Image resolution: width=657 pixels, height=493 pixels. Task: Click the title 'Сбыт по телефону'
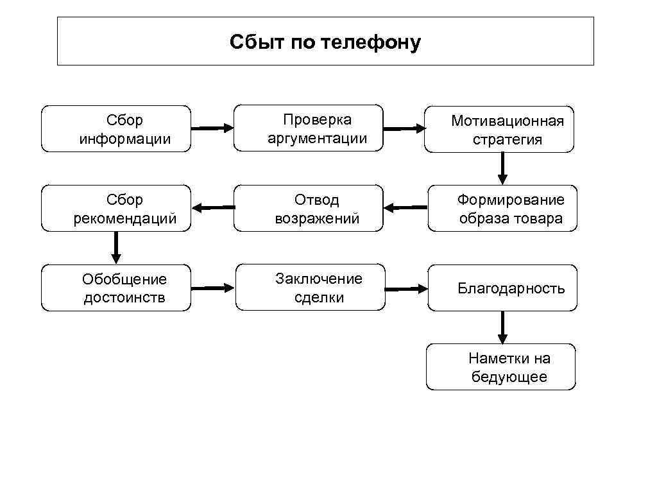tap(325, 42)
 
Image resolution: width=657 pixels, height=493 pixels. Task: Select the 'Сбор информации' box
tap(116, 129)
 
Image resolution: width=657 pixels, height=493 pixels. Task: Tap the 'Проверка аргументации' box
tap(309, 128)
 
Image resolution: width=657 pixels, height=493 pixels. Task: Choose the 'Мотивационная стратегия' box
tap(499, 130)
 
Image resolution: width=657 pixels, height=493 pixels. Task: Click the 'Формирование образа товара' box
tap(503, 209)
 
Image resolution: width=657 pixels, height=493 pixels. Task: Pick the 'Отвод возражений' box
tap(309, 209)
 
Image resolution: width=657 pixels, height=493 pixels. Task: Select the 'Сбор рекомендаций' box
tap(116, 209)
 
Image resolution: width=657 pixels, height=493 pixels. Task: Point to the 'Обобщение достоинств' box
tap(116, 288)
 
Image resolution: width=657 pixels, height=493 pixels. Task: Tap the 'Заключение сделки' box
tap(311, 288)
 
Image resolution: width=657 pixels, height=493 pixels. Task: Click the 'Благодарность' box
tap(502, 288)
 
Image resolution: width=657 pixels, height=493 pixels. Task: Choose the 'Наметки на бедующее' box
tap(501, 367)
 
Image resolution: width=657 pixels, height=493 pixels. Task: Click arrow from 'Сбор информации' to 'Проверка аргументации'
tap(212, 128)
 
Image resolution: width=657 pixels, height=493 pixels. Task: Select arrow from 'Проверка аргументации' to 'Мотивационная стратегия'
tap(404, 128)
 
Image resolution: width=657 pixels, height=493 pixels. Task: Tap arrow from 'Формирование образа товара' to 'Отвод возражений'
tap(405, 207)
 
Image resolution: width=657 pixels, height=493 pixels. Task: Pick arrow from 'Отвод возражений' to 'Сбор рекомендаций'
tap(213, 207)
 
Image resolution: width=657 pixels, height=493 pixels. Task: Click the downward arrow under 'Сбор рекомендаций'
tap(116, 247)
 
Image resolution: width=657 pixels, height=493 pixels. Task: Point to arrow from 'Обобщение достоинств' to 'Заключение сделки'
tap(213, 288)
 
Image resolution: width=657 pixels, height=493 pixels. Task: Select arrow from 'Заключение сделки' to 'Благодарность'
tap(406, 289)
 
